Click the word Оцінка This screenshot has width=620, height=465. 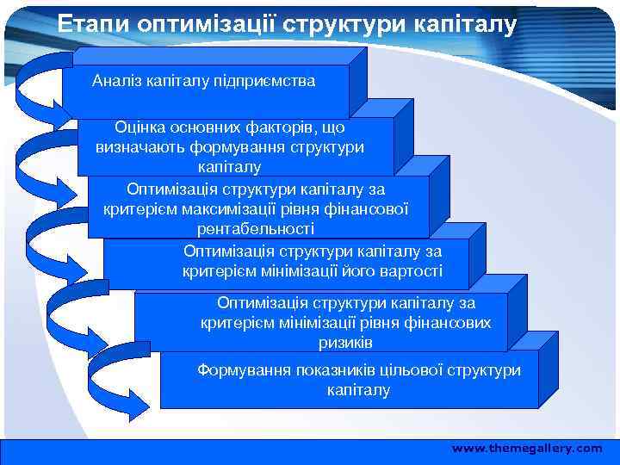[x=139, y=128]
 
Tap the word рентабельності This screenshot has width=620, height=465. [x=256, y=229]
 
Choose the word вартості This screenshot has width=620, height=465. [x=412, y=271]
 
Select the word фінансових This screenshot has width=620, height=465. [x=451, y=323]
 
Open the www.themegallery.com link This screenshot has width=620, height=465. [x=527, y=449]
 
